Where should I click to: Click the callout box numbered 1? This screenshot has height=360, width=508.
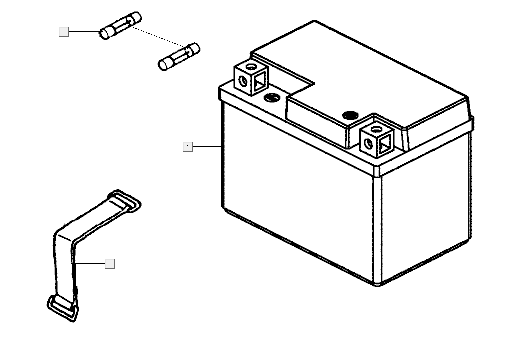point(188,147)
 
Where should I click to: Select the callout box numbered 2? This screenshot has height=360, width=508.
point(110,264)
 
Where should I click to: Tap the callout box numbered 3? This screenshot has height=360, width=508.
point(64,32)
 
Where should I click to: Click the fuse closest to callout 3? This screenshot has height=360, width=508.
point(120,26)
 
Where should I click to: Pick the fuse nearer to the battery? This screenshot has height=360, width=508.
point(179,56)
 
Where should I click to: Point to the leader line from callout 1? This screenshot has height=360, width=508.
point(207,147)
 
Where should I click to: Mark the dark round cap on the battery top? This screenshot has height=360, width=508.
point(351,115)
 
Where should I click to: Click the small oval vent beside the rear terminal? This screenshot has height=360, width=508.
point(272,97)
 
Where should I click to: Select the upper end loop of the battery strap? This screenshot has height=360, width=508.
point(124,201)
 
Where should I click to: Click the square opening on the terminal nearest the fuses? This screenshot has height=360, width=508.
point(259,81)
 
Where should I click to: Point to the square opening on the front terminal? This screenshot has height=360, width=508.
point(385,144)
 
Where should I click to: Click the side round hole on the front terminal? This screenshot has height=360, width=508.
point(368,143)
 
